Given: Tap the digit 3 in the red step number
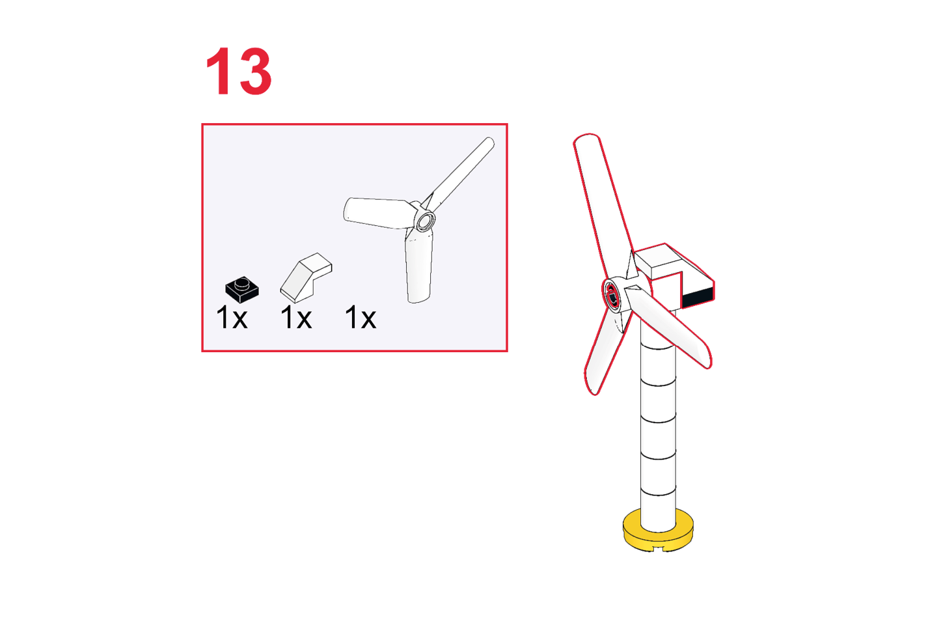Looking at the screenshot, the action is click(255, 71).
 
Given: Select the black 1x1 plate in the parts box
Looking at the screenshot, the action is click(242, 290).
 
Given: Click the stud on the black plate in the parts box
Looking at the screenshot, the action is click(241, 284).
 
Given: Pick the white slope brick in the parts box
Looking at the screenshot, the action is click(306, 277).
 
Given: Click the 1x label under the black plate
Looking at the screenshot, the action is click(232, 318).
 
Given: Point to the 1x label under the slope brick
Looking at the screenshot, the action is click(295, 318).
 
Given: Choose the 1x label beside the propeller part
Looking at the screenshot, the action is click(360, 318).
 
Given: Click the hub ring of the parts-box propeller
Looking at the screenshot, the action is click(425, 220).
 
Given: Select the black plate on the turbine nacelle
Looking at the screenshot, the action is click(698, 298).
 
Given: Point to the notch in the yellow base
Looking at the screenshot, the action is click(659, 548).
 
